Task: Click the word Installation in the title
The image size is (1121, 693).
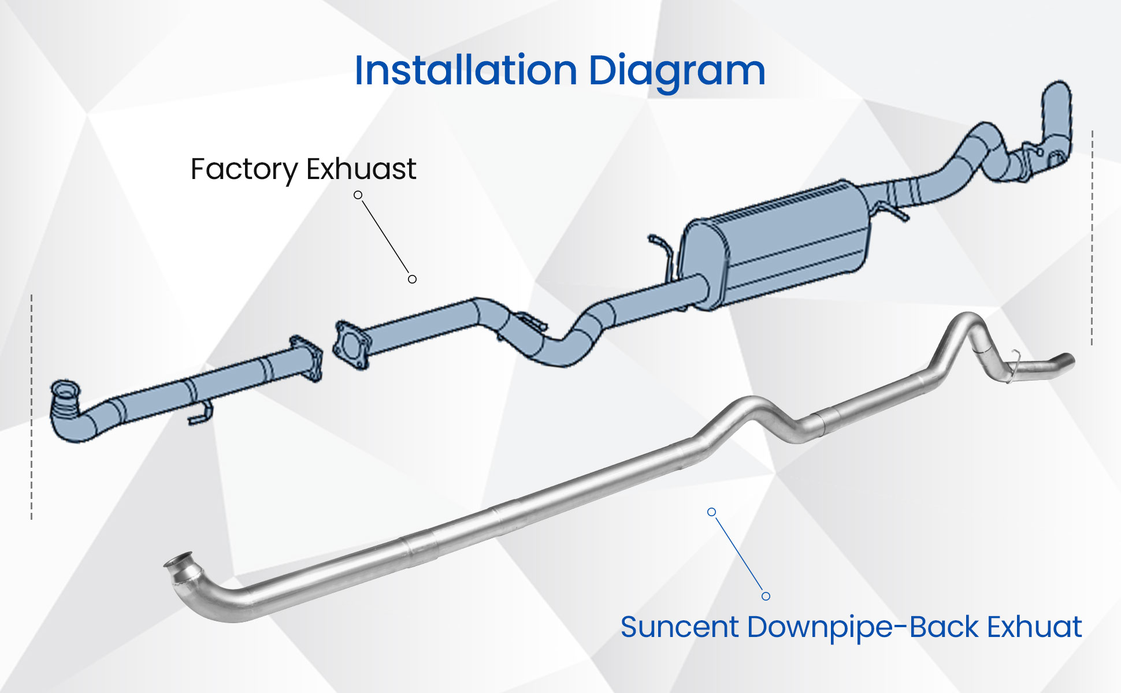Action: (x=466, y=70)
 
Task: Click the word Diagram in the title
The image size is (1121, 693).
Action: (x=677, y=72)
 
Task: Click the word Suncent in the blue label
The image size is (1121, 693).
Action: (x=680, y=627)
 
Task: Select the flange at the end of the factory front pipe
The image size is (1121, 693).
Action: (x=306, y=357)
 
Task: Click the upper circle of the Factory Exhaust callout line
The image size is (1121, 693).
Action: (x=358, y=195)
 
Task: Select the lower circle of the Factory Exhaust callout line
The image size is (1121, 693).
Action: (x=412, y=279)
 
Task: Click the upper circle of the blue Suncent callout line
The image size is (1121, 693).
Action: (x=712, y=512)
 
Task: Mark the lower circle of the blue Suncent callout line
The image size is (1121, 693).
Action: (x=766, y=596)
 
